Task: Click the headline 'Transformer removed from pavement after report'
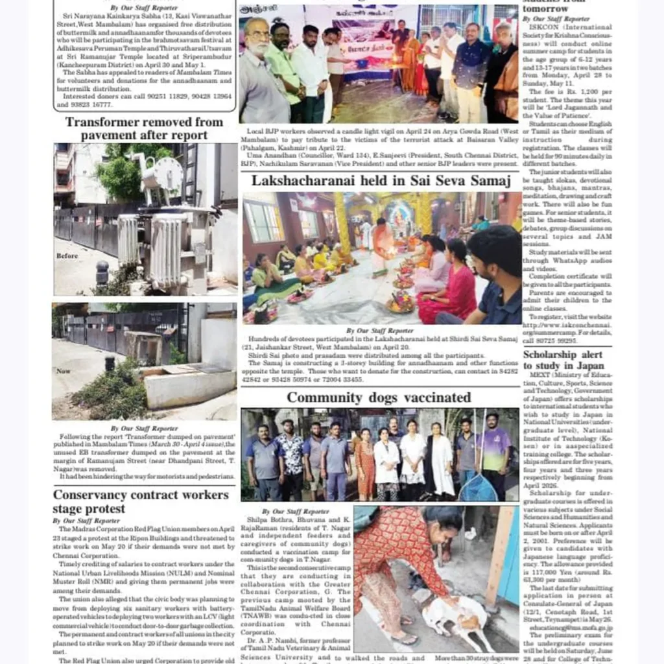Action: tap(144, 128)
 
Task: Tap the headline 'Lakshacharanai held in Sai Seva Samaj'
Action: tap(381, 180)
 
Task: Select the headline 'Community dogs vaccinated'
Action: tap(379, 397)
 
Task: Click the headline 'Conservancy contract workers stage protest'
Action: tap(141, 501)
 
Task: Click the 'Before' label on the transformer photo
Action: tap(67, 256)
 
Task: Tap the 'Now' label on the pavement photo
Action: tap(63, 372)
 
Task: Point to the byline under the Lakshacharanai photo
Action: tap(379, 330)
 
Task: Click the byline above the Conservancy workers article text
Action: tap(87, 521)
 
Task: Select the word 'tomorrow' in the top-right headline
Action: tap(546, 9)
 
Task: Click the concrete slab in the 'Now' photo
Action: tap(188, 386)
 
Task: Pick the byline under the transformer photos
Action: tap(143, 428)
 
